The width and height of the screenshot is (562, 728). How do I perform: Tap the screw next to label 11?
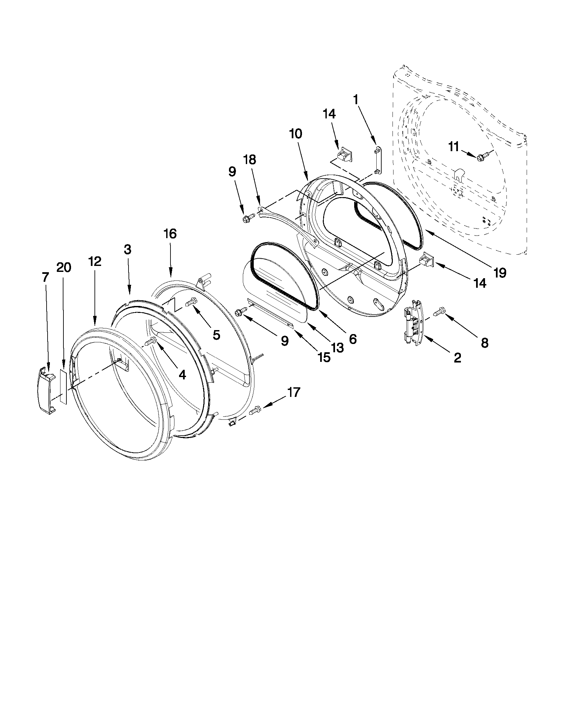pyautogui.click(x=482, y=157)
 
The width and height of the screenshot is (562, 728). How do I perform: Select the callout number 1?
pyautogui.click(x=356, y=99)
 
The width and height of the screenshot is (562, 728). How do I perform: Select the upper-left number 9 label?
pyautogui.click(x=232, y=172)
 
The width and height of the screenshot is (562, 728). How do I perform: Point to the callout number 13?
pyautogui.click(x=337, y=348)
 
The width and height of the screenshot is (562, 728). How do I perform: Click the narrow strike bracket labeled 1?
pyautogui.click(x=377, y=160)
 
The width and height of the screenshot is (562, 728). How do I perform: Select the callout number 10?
pyautogui.click(x=296, y=134)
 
